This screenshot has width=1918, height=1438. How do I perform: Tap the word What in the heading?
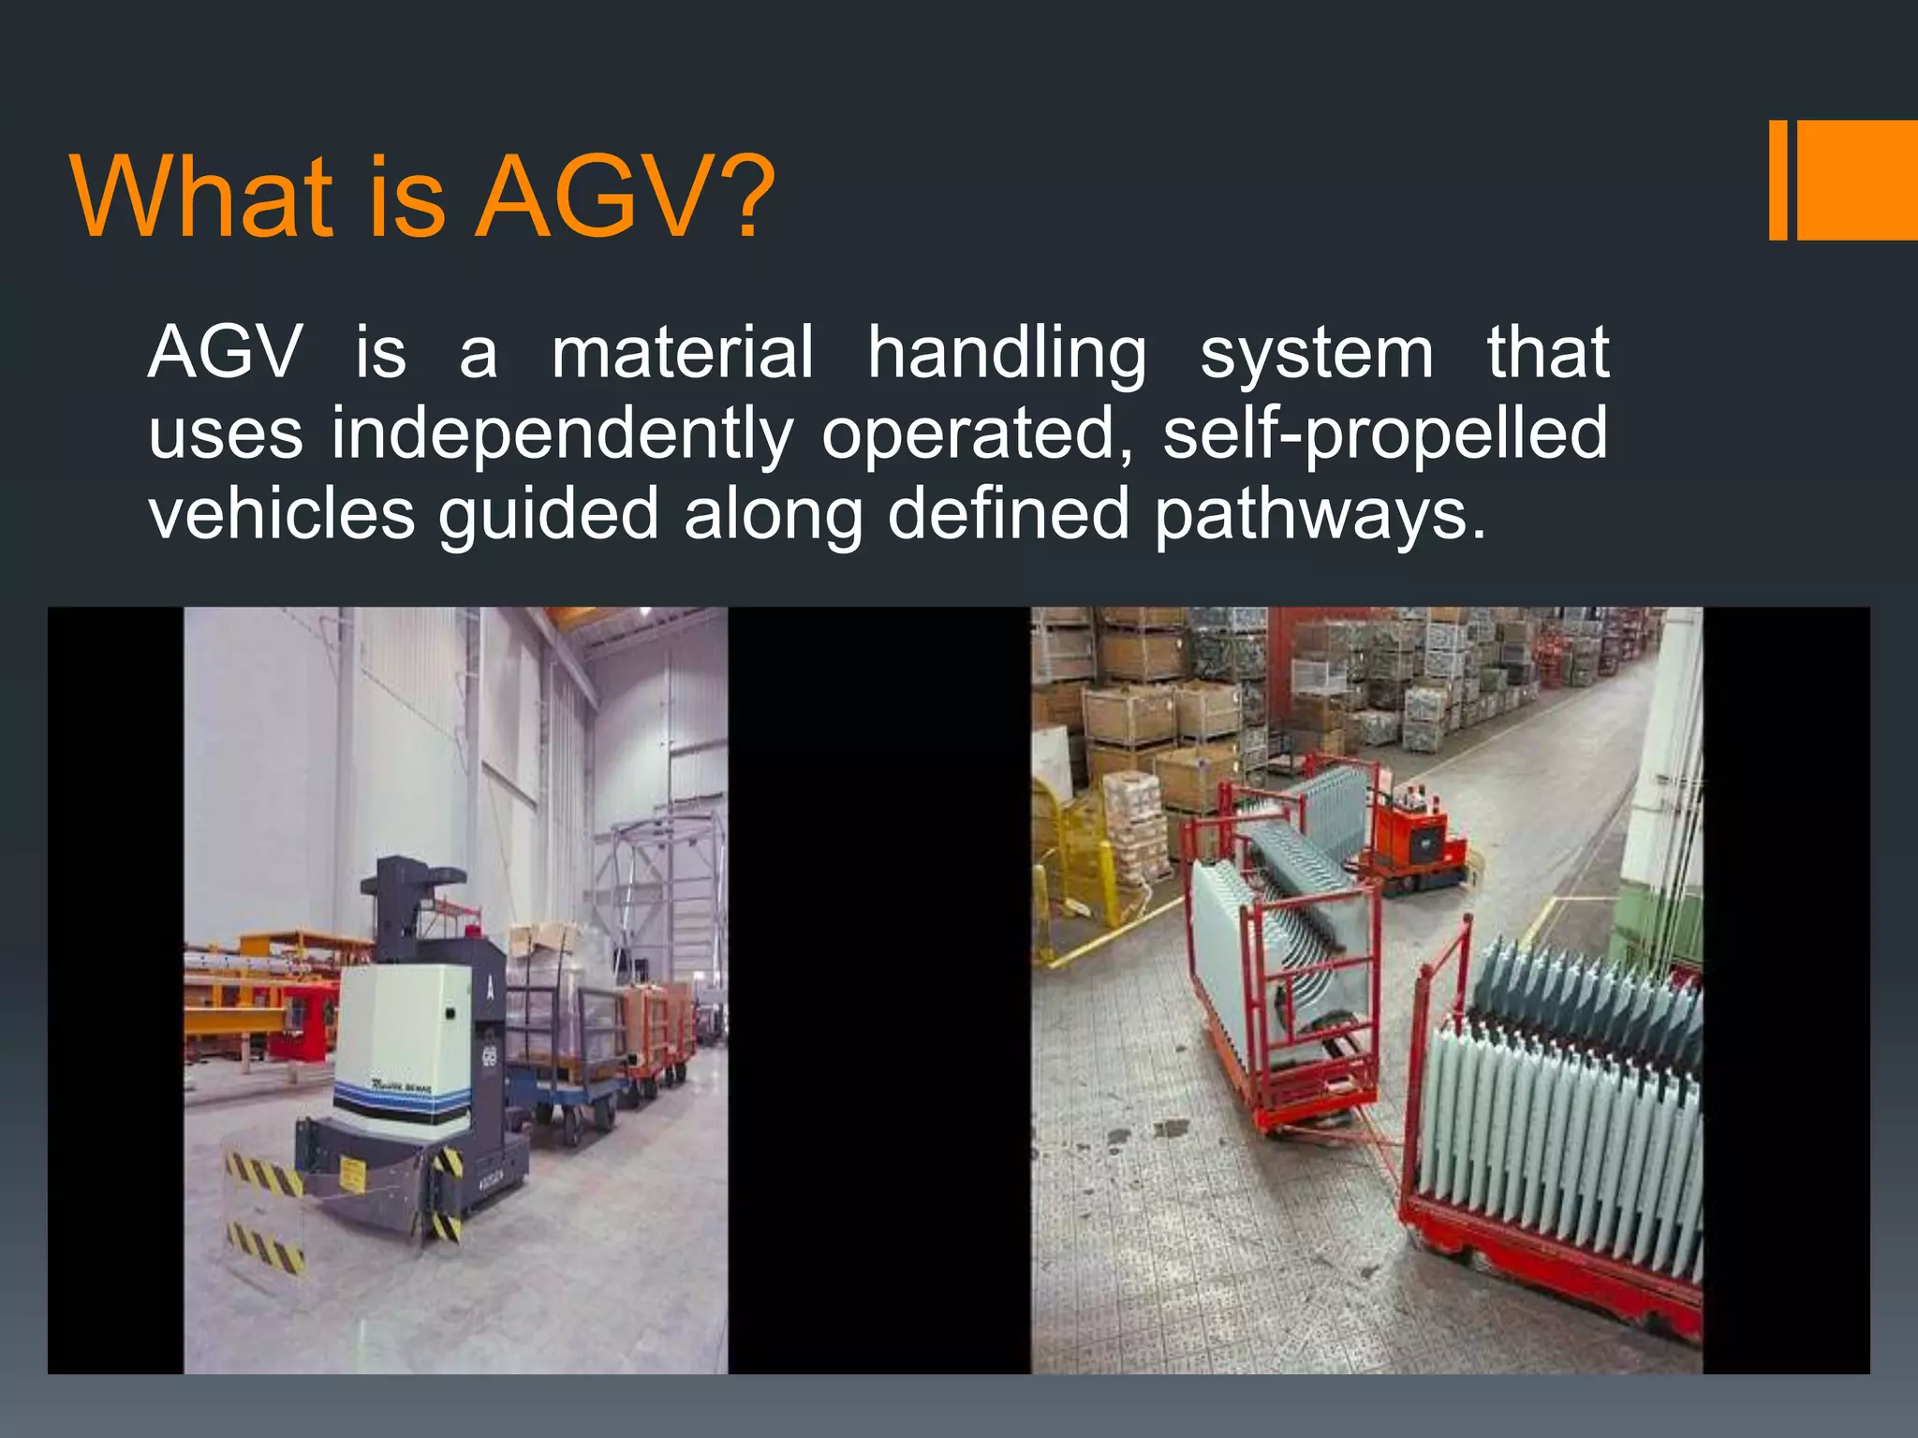(x=201, y=198)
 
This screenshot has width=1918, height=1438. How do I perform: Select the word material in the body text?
(x=682, y=353)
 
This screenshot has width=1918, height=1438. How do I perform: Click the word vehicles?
(x=281, y=514)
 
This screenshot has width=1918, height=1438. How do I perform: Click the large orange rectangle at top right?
(x=1856, y=180)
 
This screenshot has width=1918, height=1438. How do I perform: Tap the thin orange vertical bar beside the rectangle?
(x=1778, y=180)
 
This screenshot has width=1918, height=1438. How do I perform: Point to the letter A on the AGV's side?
(x=489, y=986)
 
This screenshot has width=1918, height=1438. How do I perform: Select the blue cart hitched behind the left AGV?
(x=571, y=1077)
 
